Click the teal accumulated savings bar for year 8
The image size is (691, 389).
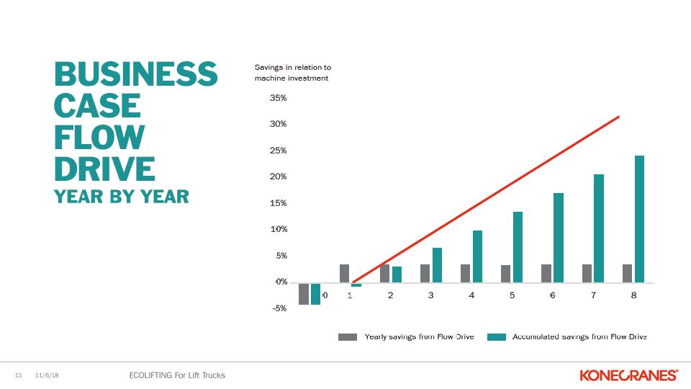[x=639, y=219]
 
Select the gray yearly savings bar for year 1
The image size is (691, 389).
[x=344, y=273]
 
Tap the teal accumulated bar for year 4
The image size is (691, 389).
[x=477, y=256]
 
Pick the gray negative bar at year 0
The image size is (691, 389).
[x=304, y=294]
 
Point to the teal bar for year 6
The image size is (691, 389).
[x=558, y=238]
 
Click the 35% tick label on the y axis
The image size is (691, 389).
[x=278, y=97]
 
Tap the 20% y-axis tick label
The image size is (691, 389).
[x=278, y=176]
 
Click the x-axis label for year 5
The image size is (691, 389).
[x=512, y=295]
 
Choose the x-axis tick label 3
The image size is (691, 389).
[x=430, y=295]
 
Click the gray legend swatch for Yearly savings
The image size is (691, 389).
[x=348, y=336]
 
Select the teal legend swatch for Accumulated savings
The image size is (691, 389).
[x=497, y=336]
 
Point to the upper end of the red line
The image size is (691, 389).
[x=618, y=117]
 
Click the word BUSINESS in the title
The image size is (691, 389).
[x=136, y=75]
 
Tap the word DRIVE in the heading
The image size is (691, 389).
[x=105, y=168]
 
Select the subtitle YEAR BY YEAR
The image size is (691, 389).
[x=122, y=196]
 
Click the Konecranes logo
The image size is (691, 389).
[x=628, y=375]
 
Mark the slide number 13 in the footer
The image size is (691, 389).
[x=19, y=375]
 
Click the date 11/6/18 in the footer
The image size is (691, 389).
[x=47, y=375]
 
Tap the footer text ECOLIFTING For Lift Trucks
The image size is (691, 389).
[x=176, y=375]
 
